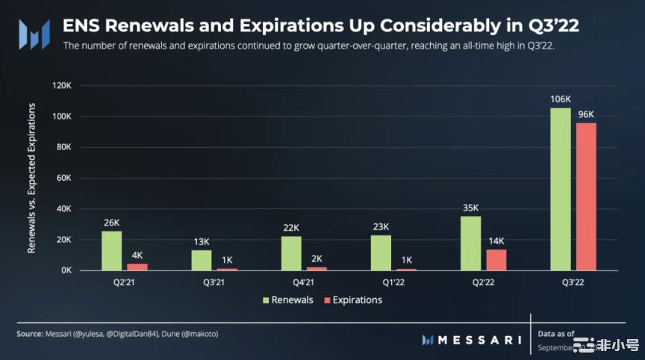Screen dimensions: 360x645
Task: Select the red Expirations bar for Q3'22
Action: coord(586,196)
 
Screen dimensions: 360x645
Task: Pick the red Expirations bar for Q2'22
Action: coord(496,259)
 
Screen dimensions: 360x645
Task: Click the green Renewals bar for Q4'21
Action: coord(291,253)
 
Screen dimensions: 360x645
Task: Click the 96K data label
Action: coord(586,114)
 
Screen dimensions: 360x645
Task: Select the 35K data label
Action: coord(471,208)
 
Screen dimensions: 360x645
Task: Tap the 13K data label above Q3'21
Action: coord(202,241)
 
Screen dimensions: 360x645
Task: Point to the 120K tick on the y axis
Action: coord(60,86)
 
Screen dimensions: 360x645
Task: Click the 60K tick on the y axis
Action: coord(63,179)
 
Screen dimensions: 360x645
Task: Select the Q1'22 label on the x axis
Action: coord(394,281)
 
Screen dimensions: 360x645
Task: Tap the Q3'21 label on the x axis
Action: coord(215,281)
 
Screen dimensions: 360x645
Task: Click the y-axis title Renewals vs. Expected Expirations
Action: coord(32,179)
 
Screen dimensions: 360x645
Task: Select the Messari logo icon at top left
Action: coord(34,34)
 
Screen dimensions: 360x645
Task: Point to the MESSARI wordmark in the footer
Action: coord(478,340)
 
